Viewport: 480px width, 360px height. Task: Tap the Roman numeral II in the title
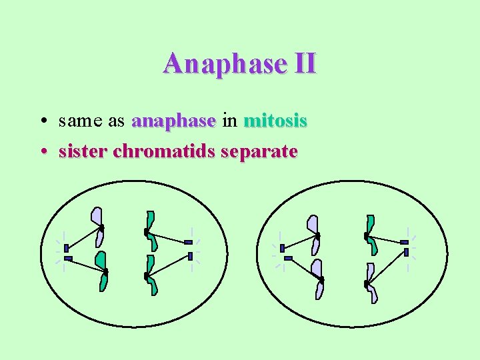click(304, 64)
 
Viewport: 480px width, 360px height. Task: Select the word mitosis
click(275, 121)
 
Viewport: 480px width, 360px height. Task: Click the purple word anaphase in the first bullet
click(174, 121)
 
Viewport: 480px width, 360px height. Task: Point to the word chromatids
click(165, 151)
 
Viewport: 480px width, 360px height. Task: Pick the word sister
click(83, 151)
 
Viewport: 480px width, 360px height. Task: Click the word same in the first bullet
click(78, 121)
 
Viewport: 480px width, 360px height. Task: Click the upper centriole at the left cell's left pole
click(66, 249)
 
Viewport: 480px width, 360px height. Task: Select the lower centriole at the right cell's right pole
click(406, 253)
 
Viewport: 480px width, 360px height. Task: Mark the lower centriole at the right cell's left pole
click(288, 258)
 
